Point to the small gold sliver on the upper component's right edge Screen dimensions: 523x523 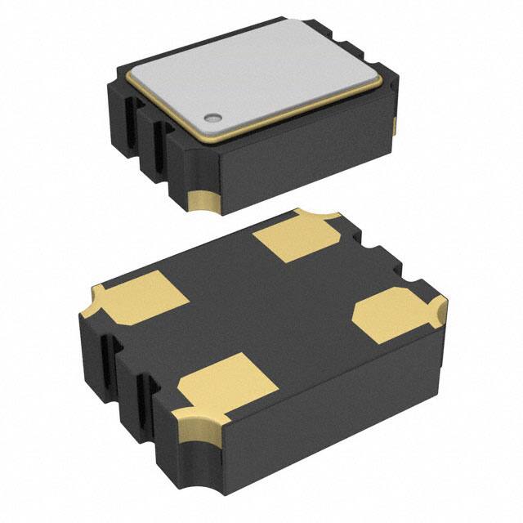point(396,125)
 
